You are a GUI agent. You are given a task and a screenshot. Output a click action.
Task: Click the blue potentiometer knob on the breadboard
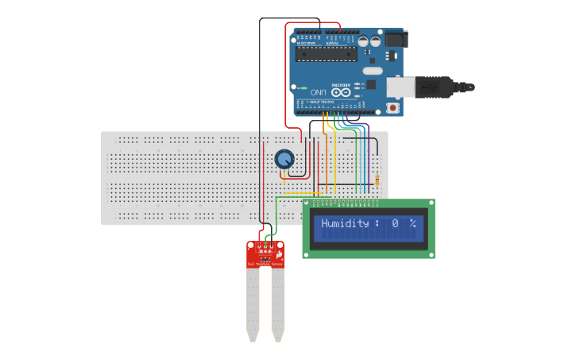pyautogui.click(x=284, y=160)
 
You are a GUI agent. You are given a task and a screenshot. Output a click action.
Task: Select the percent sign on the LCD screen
pyautogui.click(x=412, y=224)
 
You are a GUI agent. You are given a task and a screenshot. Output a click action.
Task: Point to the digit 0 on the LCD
pyautogui.click(x=394, y=224)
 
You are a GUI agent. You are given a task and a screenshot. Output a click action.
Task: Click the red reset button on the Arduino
pyautogui.click(x=392, y=107)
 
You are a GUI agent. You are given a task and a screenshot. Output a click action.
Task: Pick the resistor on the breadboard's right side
pyautogui.click(x=377, y=181)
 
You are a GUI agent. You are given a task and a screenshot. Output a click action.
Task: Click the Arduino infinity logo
pyautogui.click(x=341, y=92)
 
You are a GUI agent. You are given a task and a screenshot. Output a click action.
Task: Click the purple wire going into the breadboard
pyautogui.click(x=368, y=159)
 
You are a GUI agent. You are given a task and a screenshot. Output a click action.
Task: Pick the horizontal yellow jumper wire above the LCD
pyautogui.click(x=302, y=192)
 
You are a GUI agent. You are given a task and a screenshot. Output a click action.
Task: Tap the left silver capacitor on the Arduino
pyautogui.click(x=363, y=40)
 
